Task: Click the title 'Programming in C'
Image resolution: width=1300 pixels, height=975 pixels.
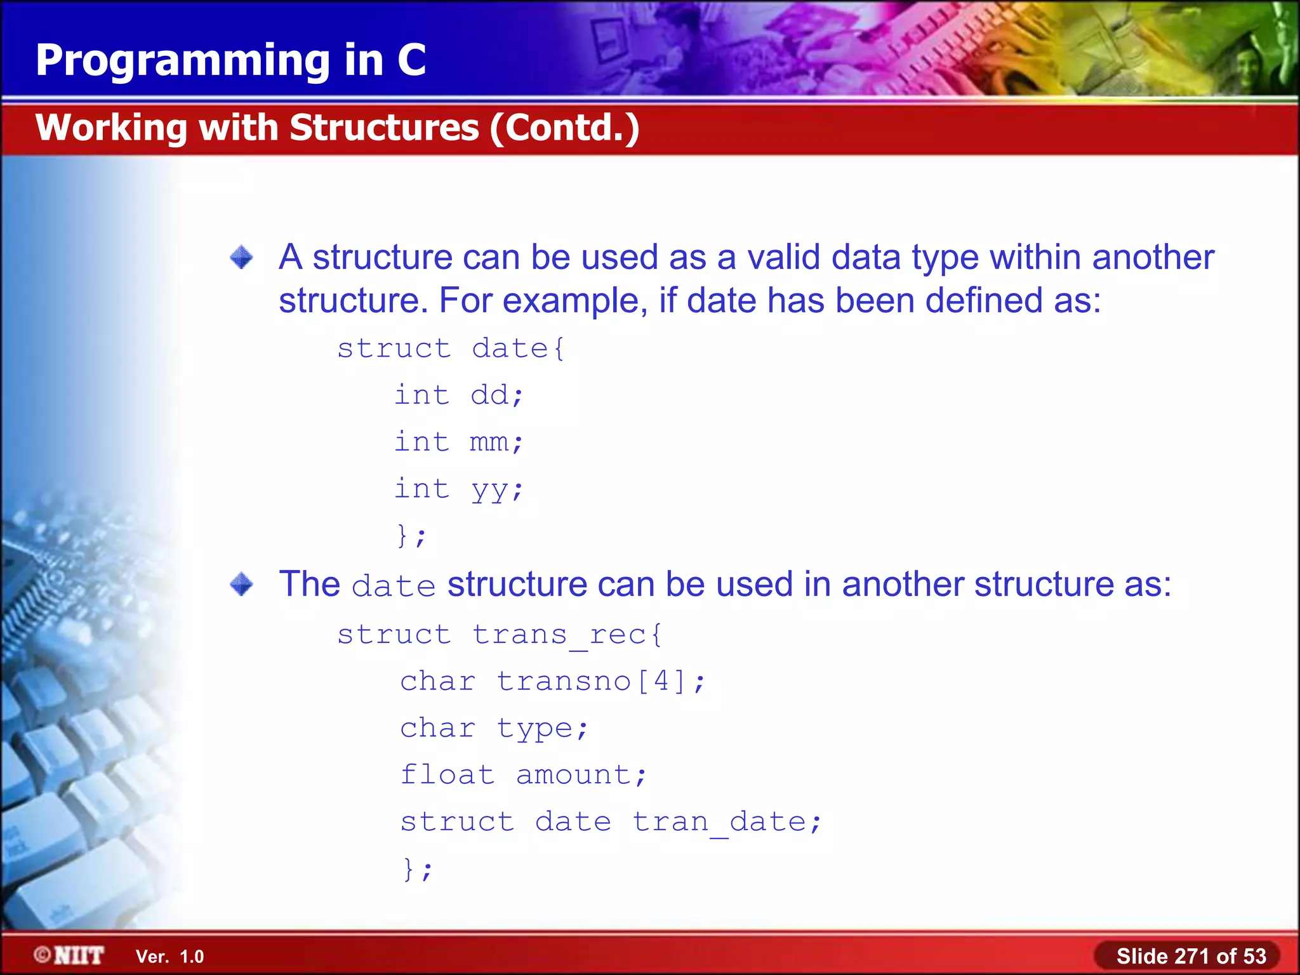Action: (x=230, y=60)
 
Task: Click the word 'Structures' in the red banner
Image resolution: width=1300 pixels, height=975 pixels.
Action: (x=385, y=128)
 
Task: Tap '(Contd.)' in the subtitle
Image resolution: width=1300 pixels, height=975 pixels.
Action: (x=564, y=129)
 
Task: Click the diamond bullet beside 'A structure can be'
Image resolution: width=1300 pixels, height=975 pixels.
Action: (x=241, y=258)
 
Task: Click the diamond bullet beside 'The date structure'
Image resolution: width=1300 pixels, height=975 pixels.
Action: (x=241, y=584)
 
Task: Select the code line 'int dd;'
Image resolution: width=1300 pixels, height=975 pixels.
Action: (x=458, y=395)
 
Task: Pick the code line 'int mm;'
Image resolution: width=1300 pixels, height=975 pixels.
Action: (x=458, y=442)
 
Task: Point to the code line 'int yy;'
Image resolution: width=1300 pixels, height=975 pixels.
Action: (x=458, y=489)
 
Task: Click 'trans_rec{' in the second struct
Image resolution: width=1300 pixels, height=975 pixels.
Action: (x=567, y=634)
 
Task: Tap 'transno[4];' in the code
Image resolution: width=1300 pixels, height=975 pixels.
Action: (x=600, y=681)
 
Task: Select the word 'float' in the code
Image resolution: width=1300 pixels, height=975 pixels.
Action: (x=447, y=774)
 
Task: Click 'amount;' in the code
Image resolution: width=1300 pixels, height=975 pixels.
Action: (x=581, y=774)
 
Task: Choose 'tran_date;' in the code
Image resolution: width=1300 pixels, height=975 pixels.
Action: (x=727, y=821)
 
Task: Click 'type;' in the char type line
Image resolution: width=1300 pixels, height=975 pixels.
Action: (x=543, y=728)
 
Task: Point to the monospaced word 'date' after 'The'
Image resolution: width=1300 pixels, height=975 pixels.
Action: (x=394, y=585)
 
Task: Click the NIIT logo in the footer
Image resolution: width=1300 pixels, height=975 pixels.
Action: (x=70, y=955)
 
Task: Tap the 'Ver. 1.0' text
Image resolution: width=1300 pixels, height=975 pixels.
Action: (x=169, y=957)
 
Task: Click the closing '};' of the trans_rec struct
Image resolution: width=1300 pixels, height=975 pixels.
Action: (x=417, y=868)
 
